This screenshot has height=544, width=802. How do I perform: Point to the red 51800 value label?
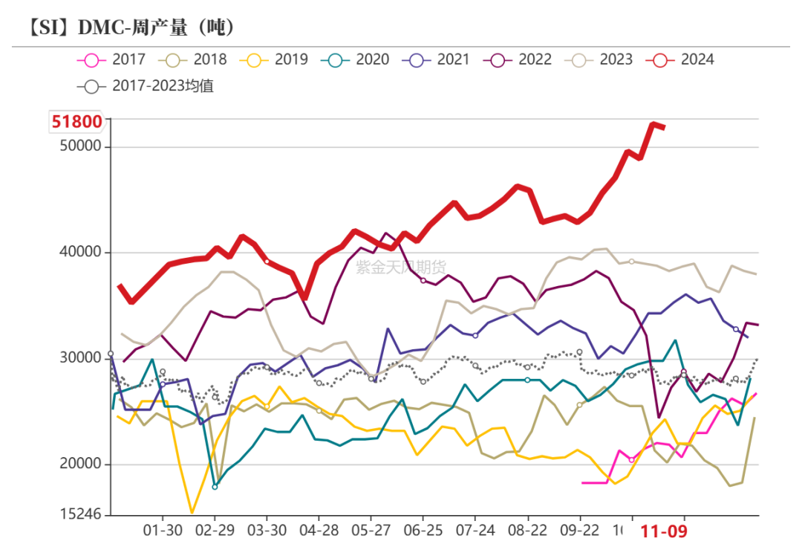click(76, 120)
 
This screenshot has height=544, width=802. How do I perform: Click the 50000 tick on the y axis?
click(80, 146)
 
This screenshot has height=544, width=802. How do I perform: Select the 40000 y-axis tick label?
click(80, 253)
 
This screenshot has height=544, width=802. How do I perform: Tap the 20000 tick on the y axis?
click(80, 464)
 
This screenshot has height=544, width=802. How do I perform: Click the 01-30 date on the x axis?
click(163, 531)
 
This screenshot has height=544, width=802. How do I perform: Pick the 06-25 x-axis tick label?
click(423, 531)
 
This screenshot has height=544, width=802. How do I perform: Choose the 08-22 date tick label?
click(527, 531)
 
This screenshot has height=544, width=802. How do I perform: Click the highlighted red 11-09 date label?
click(665, 531)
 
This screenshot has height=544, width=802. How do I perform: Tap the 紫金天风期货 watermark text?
click(401, 268)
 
